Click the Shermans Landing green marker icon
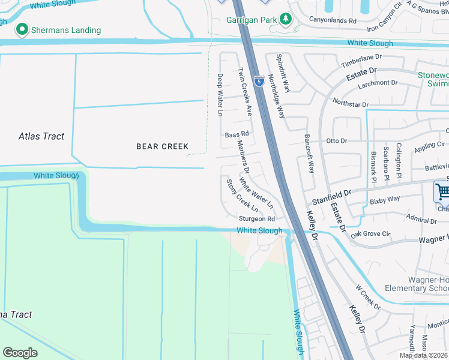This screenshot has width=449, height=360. (23, 29)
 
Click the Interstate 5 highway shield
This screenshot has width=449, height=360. (259, 80)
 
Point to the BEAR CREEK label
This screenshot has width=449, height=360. (162, 146)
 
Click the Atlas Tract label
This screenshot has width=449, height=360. (41, 136)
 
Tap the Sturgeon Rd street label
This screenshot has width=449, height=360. (257, 219)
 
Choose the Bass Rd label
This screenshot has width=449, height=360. (236, 134)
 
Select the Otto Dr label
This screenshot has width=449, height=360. (337, 140)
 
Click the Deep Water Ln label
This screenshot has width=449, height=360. (220, 95)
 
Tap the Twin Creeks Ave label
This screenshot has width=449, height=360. (245, 91)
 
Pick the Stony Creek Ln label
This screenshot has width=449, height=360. (242, 195)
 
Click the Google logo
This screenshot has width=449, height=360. (20, 352)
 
